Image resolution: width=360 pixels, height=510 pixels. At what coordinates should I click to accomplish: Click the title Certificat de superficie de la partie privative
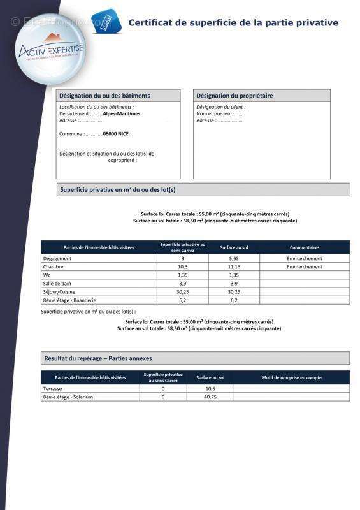coord(233,23)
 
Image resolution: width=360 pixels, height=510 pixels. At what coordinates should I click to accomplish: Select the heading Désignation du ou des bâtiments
coord(105,96)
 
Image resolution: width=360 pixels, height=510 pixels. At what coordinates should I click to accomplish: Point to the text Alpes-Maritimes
coord(122,114)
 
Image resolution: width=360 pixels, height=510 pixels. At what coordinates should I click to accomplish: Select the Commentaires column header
coord(305,247)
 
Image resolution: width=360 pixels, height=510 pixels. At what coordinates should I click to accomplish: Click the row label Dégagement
coord(57,259)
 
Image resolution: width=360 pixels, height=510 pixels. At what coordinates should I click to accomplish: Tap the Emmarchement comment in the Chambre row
coord(305,267)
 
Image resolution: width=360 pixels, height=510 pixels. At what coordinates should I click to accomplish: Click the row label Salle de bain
coord(57,283)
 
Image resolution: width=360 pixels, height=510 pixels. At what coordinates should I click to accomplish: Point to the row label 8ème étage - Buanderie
coord(69,300)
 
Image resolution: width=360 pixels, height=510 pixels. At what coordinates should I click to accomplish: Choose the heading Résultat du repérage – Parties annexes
coord(98,358)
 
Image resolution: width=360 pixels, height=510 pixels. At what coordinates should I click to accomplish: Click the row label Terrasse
coord(54,388)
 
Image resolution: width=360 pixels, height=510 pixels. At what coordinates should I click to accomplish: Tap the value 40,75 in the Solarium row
coord(210,397)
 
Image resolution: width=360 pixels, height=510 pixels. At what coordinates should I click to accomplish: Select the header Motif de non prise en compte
coord(292,377)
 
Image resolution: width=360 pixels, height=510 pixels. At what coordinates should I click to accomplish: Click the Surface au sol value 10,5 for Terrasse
coord(210,388)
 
